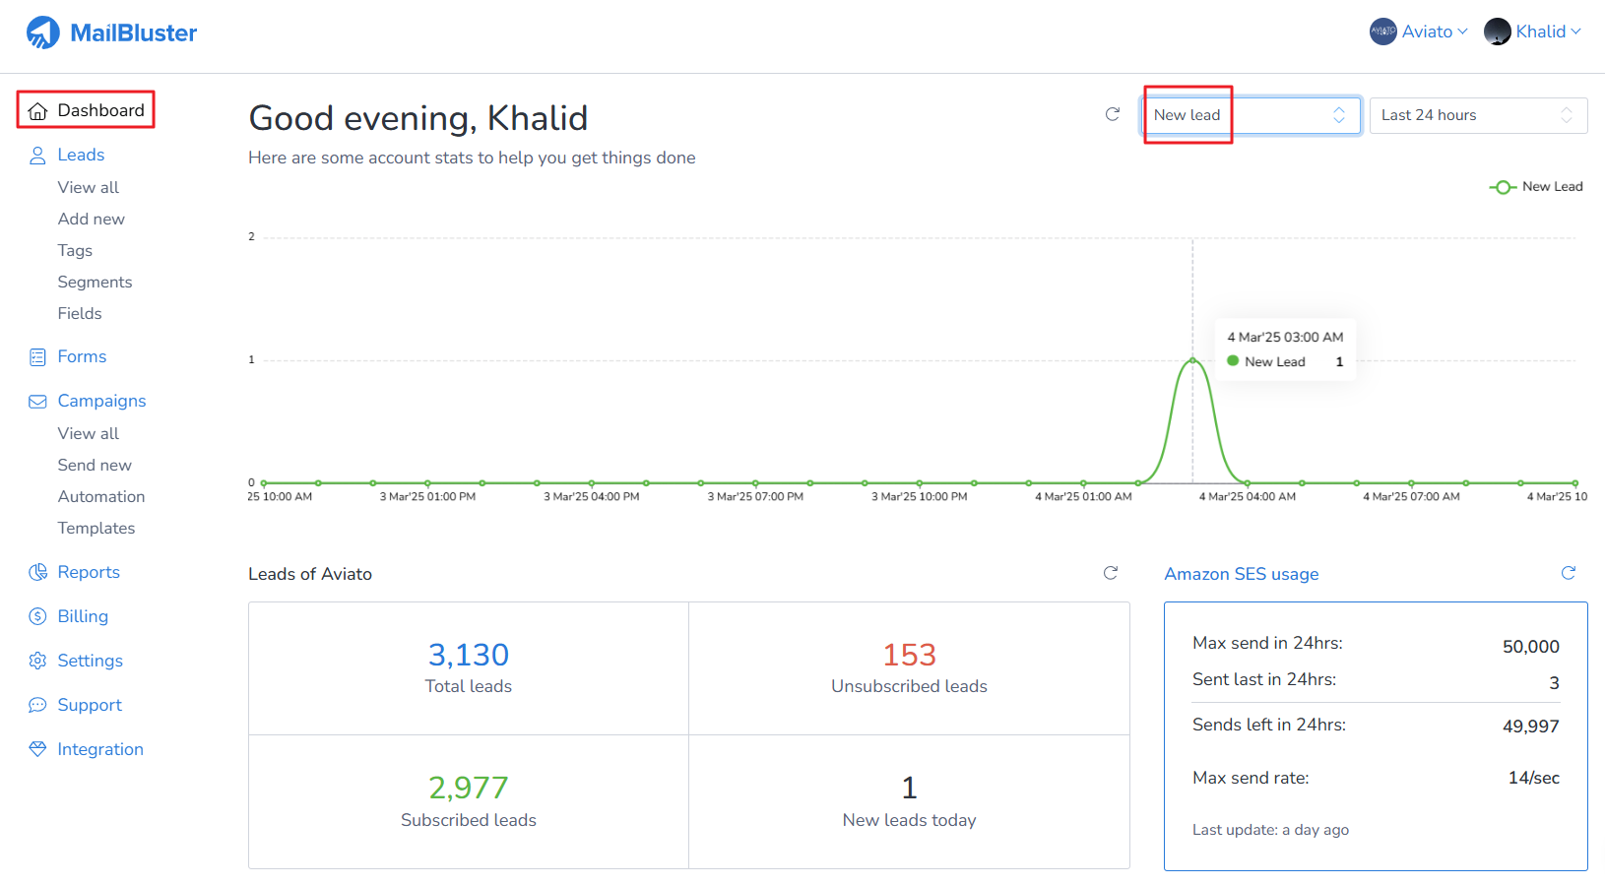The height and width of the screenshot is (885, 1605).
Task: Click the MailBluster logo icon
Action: pyautogui.click(x=43, y=32)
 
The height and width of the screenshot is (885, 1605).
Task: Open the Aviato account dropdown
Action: pyautogui.click(x=1419, y=32)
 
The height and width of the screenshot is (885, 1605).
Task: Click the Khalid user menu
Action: pyautogui.click(x=1533, y=32)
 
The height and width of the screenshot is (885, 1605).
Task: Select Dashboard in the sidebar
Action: pyautogui.click(x=87, y=110)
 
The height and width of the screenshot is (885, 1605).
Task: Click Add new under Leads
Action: pyautogui.click(x=91, y=219)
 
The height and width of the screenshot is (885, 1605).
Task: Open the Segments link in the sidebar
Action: pyautogui.click(x=95, y=282)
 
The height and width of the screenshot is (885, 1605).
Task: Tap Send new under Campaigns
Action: pyautogui.click(x=95, y=465)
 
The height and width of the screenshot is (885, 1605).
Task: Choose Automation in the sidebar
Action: pyautogui.click(x=100, y=496)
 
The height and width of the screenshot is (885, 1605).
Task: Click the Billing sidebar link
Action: pyautogui.click(x=83, y=616)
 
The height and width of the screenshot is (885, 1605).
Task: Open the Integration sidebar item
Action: pyautogui.click(x=99, y=749)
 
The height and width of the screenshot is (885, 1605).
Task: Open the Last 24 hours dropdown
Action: pyautogui.click(x=1477, y=115)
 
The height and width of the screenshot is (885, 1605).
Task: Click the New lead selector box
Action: pyautogui.click(x=1251, y=115)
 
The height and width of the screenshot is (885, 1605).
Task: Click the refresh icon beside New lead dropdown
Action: pyautogui.click(x=1113, y=114)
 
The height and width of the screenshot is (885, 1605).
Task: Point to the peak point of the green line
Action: pyautogui.click(x=1192, y=360)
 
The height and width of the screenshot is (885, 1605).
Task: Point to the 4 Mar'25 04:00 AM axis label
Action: pyautogui.click(x=1247, y=497)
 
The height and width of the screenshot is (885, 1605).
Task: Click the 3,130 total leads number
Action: pyautogui.click(x=468, y=655)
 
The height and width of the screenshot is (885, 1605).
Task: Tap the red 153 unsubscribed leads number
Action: pyautogui.click(x=909, y=655)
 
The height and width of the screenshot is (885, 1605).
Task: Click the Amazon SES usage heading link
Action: pyautogui.click(x=1241, y=574)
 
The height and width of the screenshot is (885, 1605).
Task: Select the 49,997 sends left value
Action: pyautogui.click(x=1530, y=727)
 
